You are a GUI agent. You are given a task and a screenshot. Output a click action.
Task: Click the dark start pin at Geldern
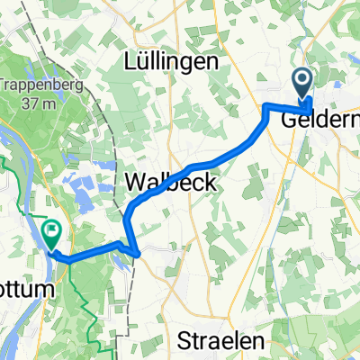click(x=301, y=85)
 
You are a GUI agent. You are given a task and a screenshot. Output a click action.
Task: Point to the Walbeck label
click(x=171, y=182)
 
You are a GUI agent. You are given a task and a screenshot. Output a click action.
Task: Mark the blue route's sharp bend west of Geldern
click(x=266, y=107)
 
